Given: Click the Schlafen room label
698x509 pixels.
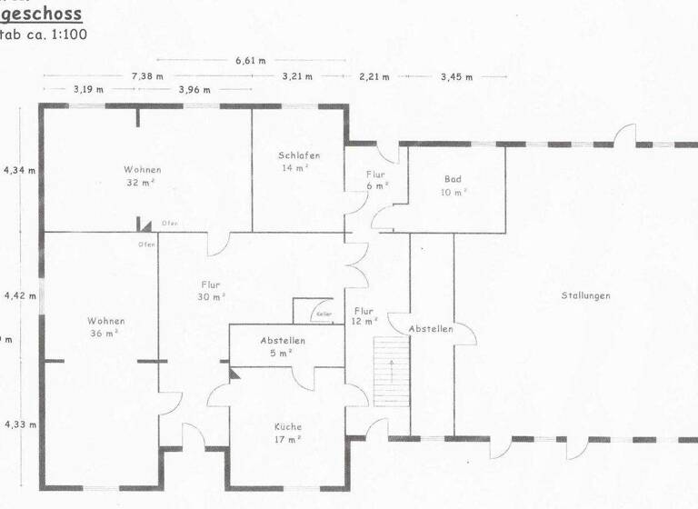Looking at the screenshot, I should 300,155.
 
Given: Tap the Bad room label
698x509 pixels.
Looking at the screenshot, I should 453,179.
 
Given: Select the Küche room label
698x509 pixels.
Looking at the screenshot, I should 288,426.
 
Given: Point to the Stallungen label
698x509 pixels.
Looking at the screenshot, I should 585,295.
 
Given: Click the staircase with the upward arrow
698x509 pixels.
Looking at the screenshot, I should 391,369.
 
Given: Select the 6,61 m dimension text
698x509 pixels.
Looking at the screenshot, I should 250,61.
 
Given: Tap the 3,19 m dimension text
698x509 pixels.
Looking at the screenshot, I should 88,90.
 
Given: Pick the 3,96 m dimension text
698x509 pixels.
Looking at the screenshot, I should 194,90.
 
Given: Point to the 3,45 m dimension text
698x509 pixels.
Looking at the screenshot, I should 456,77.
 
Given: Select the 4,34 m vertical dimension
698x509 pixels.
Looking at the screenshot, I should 20,170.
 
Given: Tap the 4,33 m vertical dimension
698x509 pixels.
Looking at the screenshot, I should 20,424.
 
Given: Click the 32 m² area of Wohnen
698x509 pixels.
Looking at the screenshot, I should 144,182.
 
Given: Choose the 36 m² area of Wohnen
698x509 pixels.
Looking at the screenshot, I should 106,334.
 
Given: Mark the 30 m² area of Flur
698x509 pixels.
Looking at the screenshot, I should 211,297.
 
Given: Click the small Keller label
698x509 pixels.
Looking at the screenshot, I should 324,314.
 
